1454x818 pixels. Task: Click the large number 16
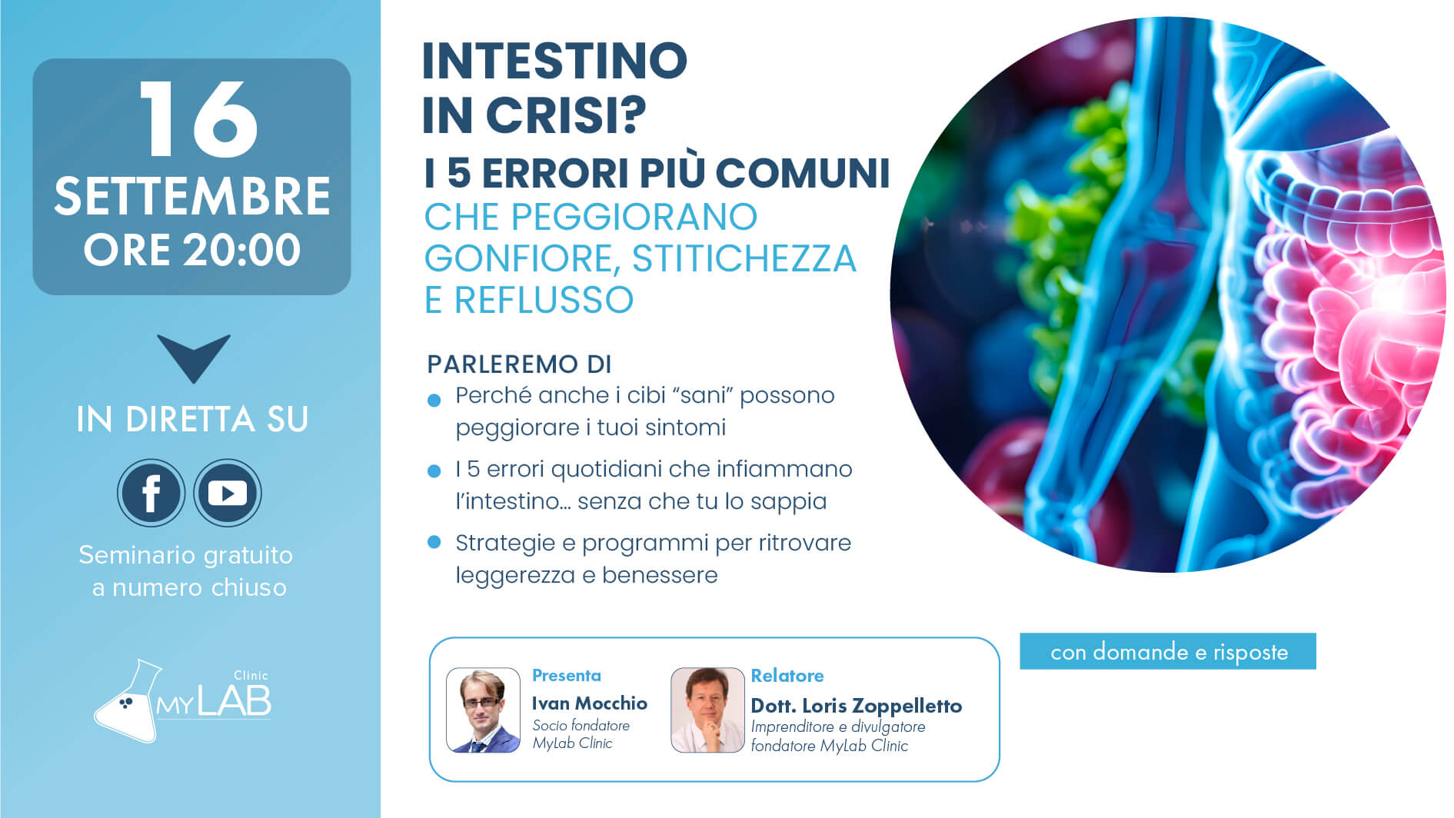[198, 119]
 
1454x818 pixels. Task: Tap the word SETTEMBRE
[192, 196]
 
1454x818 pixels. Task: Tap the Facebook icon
[151, 493]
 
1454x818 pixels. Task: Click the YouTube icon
[228, 493]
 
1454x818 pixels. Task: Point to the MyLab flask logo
[182, 700]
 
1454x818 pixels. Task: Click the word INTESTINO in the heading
[554, 61]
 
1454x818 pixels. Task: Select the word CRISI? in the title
[566, 115]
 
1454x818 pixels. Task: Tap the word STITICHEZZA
[744, 258]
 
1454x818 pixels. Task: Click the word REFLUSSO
[544, 300]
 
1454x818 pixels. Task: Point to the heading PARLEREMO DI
[519, 364]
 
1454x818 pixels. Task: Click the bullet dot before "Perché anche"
[434, 400]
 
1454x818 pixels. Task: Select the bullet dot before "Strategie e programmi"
[434, 542]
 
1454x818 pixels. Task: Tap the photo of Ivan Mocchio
[484, 710]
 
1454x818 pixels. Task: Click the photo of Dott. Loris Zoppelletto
[707, 710]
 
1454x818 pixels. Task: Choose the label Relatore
[787, 676]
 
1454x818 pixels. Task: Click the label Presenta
[567, 676]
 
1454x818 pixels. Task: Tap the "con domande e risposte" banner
[1168, 652]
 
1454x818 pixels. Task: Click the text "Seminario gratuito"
[185, 555]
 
